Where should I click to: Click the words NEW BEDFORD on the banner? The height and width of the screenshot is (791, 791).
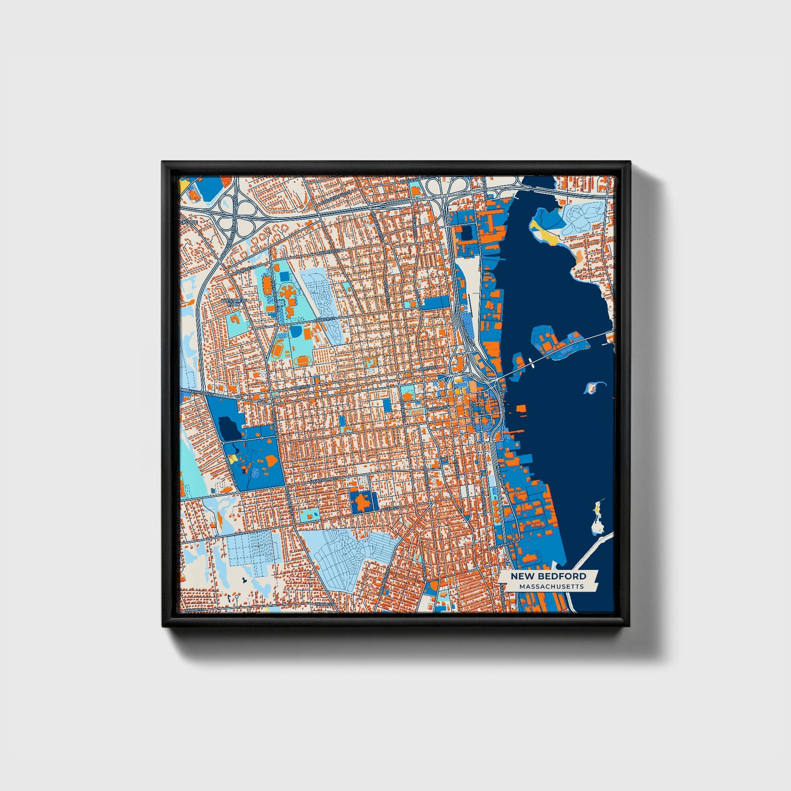[x=548, y=576]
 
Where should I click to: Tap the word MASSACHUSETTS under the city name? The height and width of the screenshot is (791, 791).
[x=551, y=586]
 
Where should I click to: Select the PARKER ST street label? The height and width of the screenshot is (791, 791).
[x=324, y=319]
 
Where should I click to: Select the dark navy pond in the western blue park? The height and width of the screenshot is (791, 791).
[x=229, y=428]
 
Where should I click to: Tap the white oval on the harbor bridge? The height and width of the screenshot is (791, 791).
[x=530, y=361]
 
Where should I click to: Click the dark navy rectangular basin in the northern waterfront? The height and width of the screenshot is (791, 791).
[x=466, y=233]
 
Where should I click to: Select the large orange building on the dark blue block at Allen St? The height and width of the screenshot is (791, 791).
[x=362, y=501]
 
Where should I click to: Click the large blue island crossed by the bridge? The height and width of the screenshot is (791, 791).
[x=556, y=343]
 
